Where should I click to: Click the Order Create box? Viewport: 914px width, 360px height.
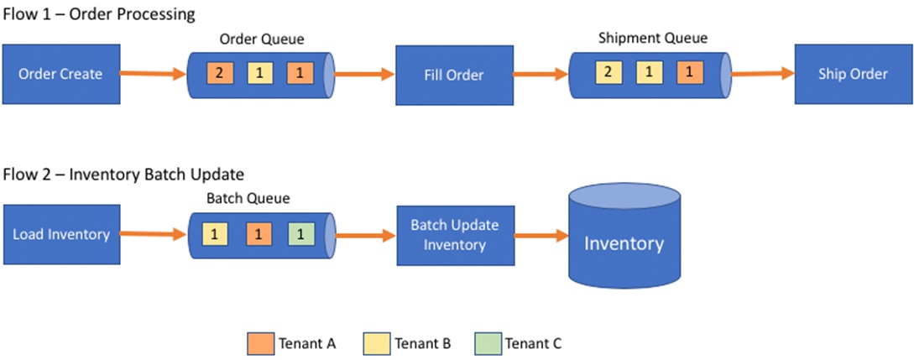[60, 74]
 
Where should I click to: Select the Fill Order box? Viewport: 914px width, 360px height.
[455, 75]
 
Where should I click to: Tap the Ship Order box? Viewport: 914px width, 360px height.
[854, 74]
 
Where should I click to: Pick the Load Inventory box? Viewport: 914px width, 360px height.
[60, 235]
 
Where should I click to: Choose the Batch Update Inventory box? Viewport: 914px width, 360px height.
[455, 235]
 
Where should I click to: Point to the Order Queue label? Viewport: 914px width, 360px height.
[262, 39]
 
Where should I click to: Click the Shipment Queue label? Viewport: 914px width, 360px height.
[653, 39]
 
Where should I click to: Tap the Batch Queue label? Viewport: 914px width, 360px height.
[248, 199]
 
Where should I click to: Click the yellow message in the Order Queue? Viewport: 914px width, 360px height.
[260, 73]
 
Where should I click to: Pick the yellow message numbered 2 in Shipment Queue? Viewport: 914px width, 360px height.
[608, 73]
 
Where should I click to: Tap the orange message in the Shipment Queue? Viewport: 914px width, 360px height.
[690, 73]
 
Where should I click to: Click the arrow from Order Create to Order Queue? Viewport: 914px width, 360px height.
[153, 74]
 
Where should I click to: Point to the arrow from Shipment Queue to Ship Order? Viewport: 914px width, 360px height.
[763, 73]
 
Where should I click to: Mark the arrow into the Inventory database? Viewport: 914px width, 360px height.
[541, 235]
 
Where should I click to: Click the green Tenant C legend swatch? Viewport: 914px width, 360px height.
[488, 344]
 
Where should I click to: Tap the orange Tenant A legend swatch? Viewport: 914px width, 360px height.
[259, 344]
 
